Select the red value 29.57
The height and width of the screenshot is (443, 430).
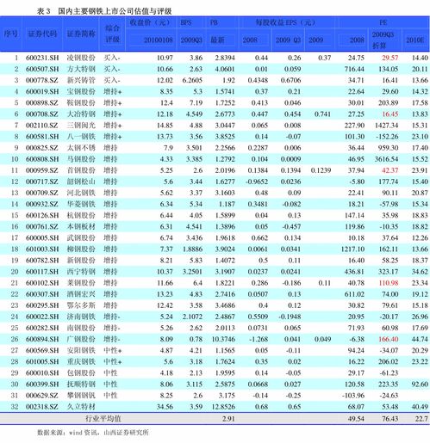(389, 57)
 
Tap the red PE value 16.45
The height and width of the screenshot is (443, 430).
(389, 114)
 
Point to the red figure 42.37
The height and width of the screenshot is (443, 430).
(389, 170)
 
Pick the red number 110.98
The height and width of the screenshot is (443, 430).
(389, 281)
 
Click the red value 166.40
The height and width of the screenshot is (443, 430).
(389, 339)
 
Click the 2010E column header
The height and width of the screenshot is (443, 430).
(415, 40)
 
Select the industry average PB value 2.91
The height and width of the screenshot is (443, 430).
(228, 418)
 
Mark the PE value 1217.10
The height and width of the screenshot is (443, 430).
(352, 248)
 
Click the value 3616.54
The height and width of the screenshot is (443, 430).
(388, 159)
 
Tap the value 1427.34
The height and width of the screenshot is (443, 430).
(388, 125)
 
